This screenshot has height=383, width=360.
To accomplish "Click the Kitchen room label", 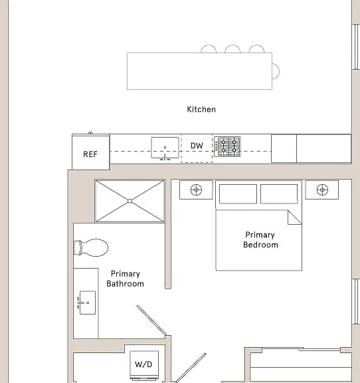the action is click(x=201, y=109).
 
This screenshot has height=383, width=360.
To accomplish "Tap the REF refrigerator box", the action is click(x=90, y=152).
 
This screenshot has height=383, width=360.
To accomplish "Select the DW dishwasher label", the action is click(x=197, y=146).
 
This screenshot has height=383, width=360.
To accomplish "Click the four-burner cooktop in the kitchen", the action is click(x=227, y=146).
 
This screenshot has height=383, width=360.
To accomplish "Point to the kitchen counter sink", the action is click(x=165, y=148).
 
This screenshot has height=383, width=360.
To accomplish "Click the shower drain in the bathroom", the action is click(x=130, y=201).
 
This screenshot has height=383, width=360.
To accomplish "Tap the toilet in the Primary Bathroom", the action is click(x=91, y=247).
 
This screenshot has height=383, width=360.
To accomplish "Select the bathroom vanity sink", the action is click(x=86, y=303).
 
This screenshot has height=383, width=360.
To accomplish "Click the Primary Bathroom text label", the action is click(x=126, y=279).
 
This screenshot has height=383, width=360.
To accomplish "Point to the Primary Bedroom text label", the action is click(x=260, y=239).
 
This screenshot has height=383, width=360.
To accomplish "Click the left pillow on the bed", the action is click(x=238, y=194).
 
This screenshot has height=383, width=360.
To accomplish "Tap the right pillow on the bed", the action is click(x=279, y=194).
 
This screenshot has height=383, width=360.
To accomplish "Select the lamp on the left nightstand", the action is click(x=196, y=190).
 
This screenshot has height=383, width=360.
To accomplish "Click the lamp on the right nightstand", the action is click(x=322, y=190).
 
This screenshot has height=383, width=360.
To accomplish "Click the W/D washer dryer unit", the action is click(x=144, y=364).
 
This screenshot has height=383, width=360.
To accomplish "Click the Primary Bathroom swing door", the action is click(x=151, y=320).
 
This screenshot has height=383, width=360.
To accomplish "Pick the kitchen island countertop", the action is click(x=199, y=71).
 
